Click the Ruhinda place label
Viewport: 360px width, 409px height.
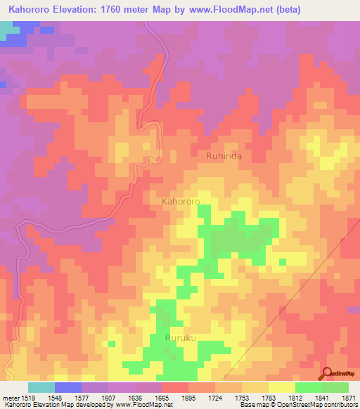[x=223, y=156]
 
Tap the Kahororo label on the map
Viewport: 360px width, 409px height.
[x=181, y=201]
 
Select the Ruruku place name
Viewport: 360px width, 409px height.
[x=179, y=338]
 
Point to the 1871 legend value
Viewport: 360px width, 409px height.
[x=349, y=397]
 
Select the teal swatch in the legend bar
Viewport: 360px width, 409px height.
[x=41, y=387]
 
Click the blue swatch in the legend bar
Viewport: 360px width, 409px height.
[x=68, y=387]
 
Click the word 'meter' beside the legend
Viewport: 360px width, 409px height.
[x=11, y=397]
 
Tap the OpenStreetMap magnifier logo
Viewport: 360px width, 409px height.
[x=328, y=373]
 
